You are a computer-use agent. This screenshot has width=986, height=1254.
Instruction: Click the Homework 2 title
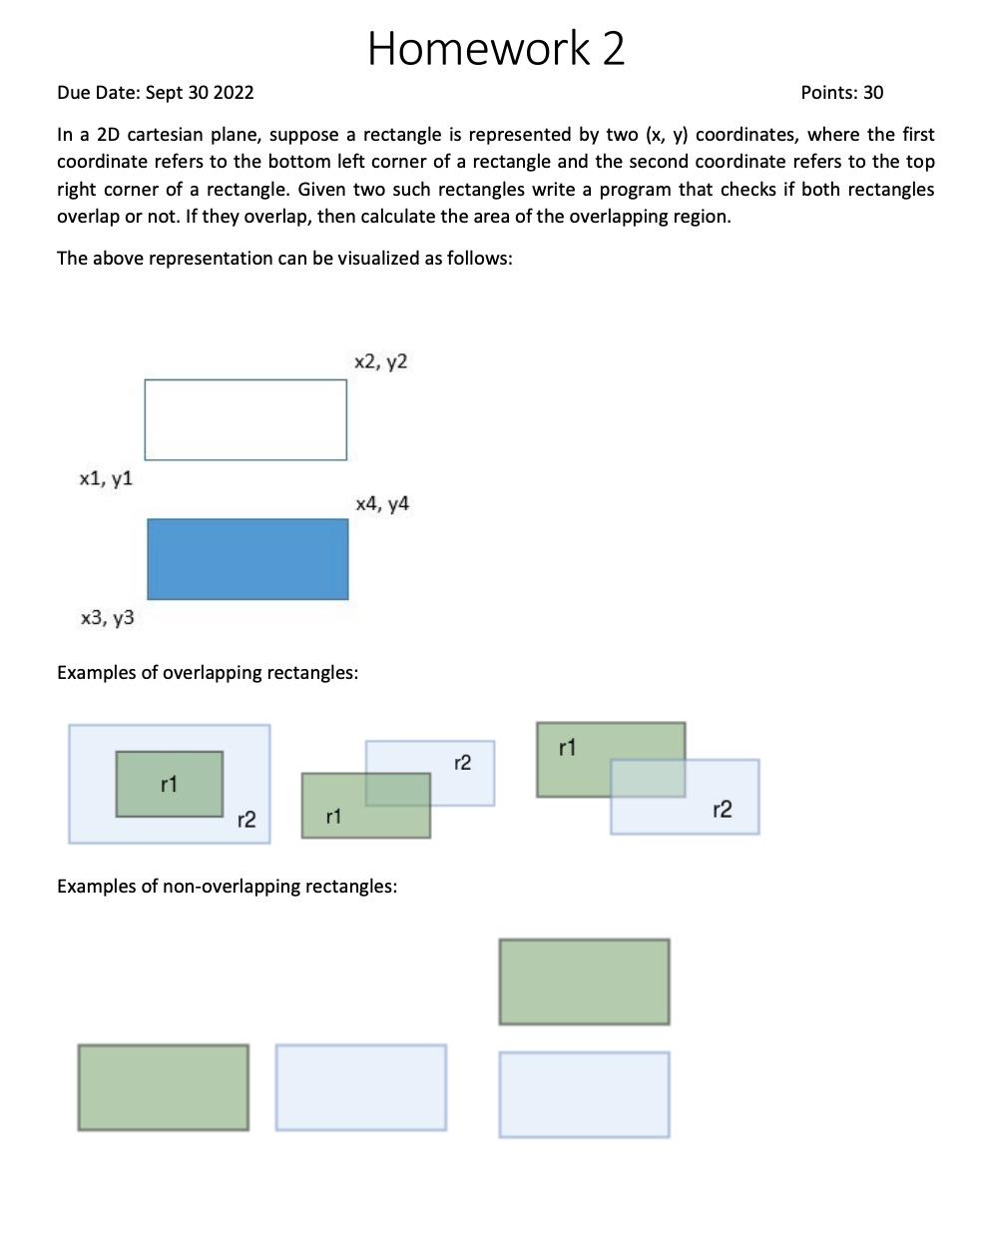[x=496, y=48]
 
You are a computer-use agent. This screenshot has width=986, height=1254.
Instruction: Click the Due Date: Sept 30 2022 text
[x=155, y=93]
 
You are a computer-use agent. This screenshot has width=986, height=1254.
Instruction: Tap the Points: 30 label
[x=841, y=93]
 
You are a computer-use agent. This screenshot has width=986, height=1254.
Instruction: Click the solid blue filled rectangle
[x=247, y=559]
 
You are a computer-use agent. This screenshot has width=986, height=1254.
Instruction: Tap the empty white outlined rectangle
[x=246, y=419]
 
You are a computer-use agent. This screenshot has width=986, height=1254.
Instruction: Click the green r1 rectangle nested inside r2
[x=169, y=784]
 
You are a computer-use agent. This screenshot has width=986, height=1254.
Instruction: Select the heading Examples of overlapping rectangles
[x=208, y=672]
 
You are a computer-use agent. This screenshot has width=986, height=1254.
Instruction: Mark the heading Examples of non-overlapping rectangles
[x=227, y=886]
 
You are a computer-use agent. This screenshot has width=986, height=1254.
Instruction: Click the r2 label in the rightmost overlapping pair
[x=722, y=809]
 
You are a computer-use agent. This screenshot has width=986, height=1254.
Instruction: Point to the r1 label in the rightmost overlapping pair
[x=567, y=747]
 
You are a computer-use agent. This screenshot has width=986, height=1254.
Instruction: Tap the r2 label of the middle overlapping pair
[x=462, y=763]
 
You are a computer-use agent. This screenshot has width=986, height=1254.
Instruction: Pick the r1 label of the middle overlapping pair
[x=333, y=817]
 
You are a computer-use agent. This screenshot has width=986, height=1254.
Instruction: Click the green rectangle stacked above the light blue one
[x=584, y=981]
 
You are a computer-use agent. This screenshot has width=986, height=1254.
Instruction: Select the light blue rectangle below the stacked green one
[x=584, y=1094]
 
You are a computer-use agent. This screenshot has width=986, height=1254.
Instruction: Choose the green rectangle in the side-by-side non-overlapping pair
[x=163, y=1087]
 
